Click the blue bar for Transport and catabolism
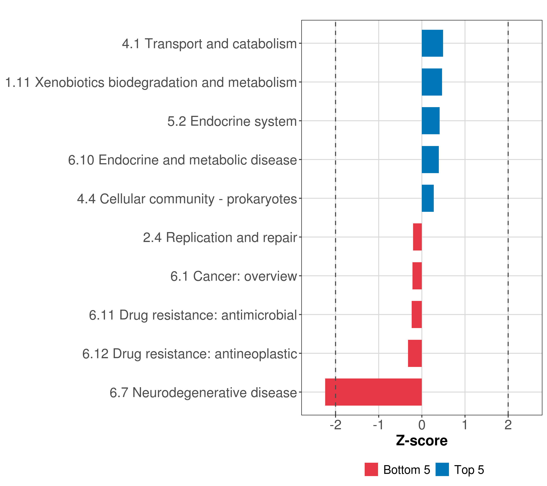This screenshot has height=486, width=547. click(x=432, y=43)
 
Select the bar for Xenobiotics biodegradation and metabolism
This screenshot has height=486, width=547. click(x=432, y=82)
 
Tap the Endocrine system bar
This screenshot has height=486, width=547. click(x=431, y=121)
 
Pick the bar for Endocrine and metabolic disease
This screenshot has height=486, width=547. click(x=430, y=159)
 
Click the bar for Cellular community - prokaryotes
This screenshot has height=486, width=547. click(x=428, y=198)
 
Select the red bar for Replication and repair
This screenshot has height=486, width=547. click(x=418, y=237)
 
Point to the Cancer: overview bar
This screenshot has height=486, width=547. click(x=417, y=276)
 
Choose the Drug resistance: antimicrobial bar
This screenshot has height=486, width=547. click(x=417, y=314)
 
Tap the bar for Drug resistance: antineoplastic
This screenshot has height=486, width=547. click(x=415, y=353)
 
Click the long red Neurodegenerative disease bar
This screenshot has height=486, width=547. click(x=373, y=392)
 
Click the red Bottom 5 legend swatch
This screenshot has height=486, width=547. click(x=371, y=469)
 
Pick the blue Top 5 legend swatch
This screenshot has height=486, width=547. click(x=442, y=469)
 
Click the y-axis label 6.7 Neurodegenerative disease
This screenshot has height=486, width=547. click(x=203, y=393)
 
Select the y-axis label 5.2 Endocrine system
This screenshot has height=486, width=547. click(x=232, y=121)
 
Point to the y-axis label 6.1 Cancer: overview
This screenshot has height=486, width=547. click(x=234, y=276)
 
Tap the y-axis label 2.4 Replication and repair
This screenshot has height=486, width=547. click(x=220, y=238)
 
